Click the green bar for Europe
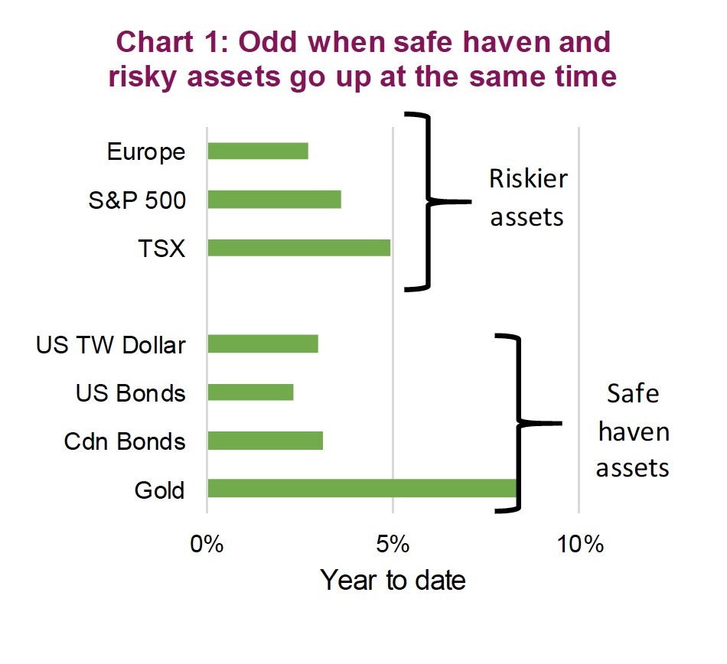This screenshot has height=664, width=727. tap(258, 151)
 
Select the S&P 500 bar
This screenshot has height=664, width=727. tap(275, 199)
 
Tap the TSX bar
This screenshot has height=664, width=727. tap(299, 248)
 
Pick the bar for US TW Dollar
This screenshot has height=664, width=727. tap(263, 343)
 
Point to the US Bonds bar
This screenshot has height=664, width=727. tap(250, 392)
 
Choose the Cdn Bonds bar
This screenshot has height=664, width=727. tap(266, 441)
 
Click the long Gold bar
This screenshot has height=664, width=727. tap(362, 488)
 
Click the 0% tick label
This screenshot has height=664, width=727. tap(207, 544)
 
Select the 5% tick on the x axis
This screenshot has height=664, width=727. tap(393, 544)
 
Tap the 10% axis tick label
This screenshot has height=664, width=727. tap(580, 544)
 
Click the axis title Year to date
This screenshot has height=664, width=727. tap(393, 580)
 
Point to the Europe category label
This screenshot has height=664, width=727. tap(146, 152)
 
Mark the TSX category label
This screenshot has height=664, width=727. tap(161, 249)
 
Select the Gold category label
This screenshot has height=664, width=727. tap(159, 490)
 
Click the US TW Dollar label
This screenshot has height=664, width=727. tap(111, 345)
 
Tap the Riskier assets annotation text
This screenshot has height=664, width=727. tap(528, 198)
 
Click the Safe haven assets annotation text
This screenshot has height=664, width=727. tap(633, 431)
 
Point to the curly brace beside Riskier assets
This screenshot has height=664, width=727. tap(428, 201)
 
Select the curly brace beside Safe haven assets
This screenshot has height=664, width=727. tap(519, 423)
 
